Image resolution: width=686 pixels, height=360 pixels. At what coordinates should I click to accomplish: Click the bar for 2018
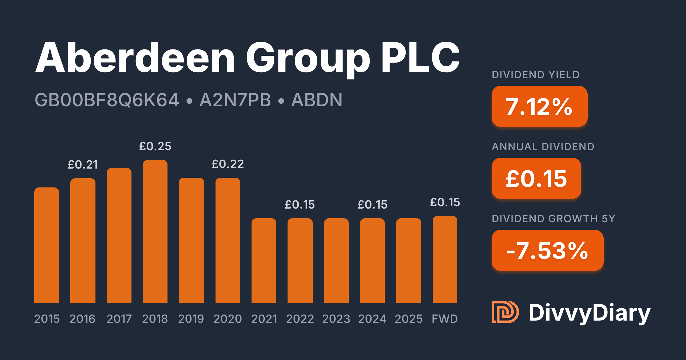[155, 231]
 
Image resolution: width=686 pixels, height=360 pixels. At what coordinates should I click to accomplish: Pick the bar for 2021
[264, 261]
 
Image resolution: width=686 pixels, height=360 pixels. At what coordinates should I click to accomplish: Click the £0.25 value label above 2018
[155, 146]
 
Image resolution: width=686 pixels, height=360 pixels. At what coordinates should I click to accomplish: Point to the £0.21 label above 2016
[83, 165]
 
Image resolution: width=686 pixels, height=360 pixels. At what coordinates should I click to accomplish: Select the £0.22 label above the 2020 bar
[228, 164]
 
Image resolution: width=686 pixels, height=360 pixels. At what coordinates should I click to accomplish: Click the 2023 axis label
[336, 319]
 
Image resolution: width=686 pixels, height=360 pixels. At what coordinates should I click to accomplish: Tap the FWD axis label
[445, 319]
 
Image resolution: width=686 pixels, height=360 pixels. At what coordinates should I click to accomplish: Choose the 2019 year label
[191, 319]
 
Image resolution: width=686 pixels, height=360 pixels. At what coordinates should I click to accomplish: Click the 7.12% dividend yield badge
[539, 106]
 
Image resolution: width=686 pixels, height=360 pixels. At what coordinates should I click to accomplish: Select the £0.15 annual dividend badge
[536, 178]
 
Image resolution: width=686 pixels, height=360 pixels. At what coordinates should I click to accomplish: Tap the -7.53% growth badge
[547, 250]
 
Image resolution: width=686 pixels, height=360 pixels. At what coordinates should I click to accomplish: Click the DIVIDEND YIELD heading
[536, 75]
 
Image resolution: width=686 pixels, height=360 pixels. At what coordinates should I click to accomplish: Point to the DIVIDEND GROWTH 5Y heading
[553, 219]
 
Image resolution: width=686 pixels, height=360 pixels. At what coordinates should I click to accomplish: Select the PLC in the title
[420, 57]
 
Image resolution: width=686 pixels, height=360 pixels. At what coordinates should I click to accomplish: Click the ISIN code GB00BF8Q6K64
[107, 100]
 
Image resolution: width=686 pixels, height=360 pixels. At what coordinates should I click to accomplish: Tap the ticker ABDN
[317, 100]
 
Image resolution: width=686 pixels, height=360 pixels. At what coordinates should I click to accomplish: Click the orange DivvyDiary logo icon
[505, 312]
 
